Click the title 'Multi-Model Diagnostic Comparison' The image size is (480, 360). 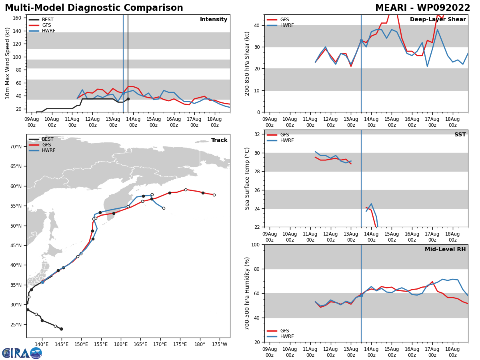94,8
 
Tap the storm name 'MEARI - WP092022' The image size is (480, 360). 422,8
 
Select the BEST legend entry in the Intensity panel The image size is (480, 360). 41,20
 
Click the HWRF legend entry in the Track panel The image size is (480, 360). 42,150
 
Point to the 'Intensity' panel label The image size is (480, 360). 214,19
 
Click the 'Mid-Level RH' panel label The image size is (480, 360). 445,249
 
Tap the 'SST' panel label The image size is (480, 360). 460,134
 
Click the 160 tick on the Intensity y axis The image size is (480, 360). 17,18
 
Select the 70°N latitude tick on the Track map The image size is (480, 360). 16,147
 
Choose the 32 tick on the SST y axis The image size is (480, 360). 257,134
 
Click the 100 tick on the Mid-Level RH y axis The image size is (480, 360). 256,244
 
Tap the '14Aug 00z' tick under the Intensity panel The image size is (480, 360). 133,122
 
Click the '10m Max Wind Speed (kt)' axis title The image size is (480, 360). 7,63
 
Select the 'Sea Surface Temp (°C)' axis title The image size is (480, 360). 247,178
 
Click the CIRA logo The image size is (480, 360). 22,353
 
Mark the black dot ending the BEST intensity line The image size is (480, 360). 128,99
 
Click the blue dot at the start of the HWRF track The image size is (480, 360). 43,282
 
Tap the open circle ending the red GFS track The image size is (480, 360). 214,195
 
